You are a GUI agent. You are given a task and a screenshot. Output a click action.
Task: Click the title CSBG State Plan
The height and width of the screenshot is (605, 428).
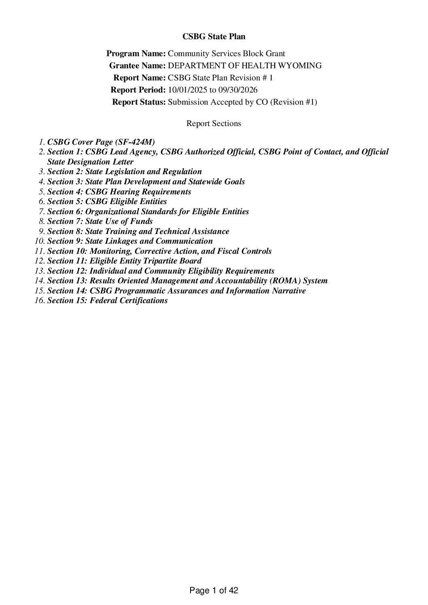pos(214,37)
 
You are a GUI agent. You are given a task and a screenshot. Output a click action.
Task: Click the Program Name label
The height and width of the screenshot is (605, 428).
pos(136,54)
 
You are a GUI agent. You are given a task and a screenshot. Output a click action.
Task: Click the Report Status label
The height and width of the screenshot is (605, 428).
pos(139,102)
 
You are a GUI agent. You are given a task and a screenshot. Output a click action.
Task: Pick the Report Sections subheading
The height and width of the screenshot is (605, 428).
pos(214,124)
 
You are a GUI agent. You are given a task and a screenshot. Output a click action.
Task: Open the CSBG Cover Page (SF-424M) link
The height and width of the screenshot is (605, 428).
pos(101,142)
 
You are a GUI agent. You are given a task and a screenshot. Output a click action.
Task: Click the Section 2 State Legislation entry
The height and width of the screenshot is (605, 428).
pos(125,172)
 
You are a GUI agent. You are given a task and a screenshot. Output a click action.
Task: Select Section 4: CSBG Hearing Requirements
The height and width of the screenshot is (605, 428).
pos(119,192)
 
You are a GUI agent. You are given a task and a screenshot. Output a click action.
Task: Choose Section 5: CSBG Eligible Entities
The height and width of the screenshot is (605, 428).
pos(107,201)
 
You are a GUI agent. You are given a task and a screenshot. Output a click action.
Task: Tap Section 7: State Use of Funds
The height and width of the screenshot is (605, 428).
pos(100,221)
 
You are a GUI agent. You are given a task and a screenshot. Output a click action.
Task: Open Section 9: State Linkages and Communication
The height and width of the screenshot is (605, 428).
pos(130,241)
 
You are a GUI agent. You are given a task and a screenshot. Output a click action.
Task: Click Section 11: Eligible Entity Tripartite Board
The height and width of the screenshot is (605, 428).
pos(125,261)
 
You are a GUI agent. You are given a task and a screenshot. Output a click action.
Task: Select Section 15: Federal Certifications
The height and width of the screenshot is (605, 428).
pos(108,300)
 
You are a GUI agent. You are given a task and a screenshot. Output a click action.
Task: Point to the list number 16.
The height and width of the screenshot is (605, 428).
pos(39,300)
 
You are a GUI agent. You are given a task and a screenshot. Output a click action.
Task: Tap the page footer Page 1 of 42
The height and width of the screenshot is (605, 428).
pos(214,591)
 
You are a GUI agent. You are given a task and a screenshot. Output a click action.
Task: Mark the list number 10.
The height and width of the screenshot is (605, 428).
pos(39,241)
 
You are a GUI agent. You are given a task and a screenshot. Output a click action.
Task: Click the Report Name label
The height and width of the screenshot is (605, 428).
pos(140,78)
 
